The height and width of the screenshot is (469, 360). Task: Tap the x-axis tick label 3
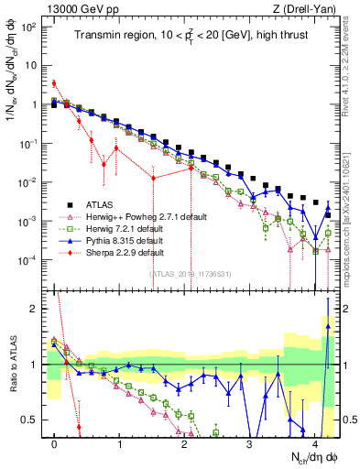point(249,441)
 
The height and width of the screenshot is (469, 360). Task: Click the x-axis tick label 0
point(55,441)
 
